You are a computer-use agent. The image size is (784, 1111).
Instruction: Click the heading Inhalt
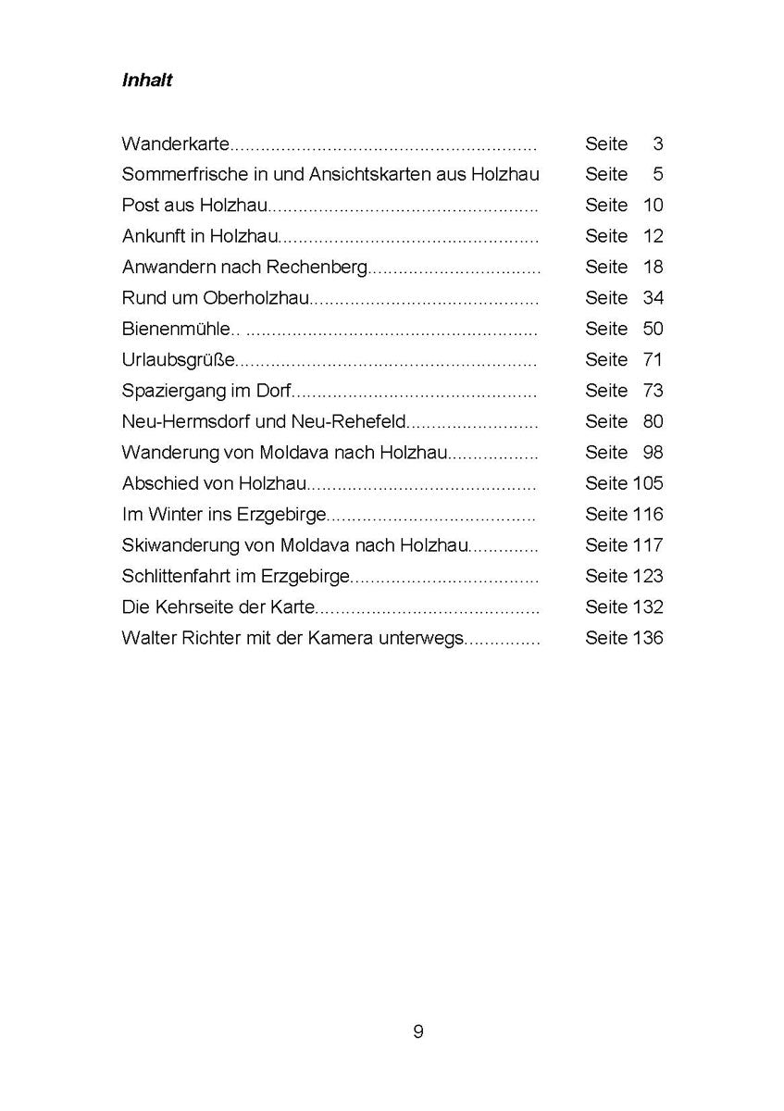[x=147, y=81]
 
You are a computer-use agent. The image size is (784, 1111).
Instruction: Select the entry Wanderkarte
[x=175, y=144]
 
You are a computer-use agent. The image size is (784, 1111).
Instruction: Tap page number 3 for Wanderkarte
[x=658, y=144]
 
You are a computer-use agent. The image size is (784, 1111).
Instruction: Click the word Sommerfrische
[x=176, y=175]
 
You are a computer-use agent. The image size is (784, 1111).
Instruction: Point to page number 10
[x=653, y=206]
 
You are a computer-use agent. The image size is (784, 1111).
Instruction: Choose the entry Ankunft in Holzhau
[x=200, y=236]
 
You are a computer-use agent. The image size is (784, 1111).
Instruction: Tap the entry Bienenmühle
[x=173, y=329]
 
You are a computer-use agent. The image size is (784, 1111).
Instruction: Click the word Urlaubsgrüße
[x=179, y=360]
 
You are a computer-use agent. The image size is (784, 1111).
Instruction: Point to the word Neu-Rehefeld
[x=355, y=421]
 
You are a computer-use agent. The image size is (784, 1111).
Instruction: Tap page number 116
[x=648, y=514]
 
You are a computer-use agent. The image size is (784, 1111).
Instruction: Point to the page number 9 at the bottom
[x=418, y=1031]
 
